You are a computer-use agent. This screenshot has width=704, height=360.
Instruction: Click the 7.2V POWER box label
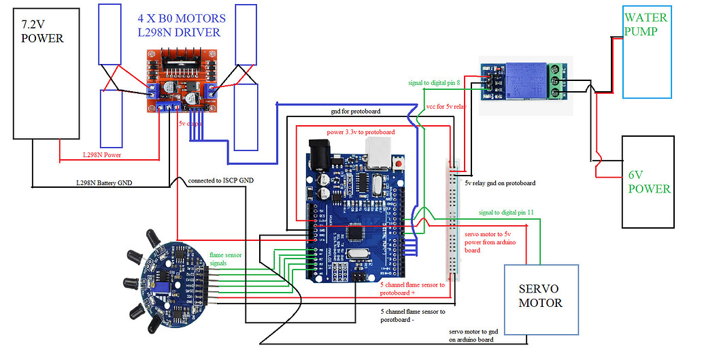point(42,31)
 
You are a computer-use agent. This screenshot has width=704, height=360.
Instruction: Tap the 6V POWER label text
point(649,181)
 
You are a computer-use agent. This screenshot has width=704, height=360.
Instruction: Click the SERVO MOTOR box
point(540,299)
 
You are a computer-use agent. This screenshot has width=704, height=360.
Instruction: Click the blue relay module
point(523,78)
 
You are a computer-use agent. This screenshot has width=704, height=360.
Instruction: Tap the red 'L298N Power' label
point(101,156)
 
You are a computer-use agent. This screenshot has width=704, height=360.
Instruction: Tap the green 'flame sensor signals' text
point(225,259)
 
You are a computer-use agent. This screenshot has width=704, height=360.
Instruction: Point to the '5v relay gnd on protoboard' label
point(500,183)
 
